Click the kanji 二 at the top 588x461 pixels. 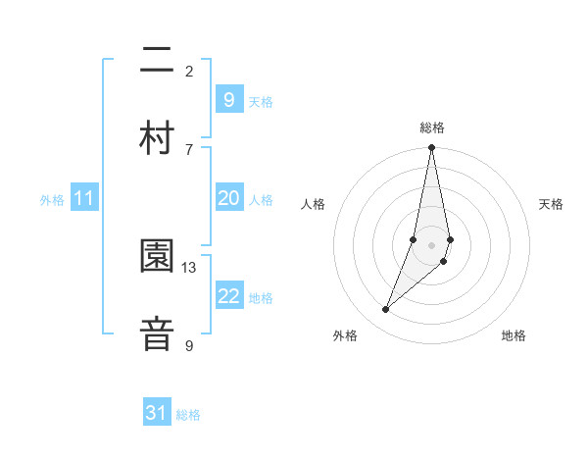(x=156, y=62)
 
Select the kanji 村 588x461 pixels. (x=156, y=135)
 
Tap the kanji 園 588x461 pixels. (x=156, y=257)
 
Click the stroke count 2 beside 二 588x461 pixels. (x=189, y=71)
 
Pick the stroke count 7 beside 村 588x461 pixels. (x=189, y=149)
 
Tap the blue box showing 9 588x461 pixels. (x=228, y=100)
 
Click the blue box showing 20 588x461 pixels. (x=228, y=199)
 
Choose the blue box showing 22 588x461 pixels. (x=228, y=296)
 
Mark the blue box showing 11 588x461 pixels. (x=83, y=199)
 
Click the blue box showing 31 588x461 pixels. (x=157, y=414)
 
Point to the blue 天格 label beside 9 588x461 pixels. (x=261, y=102)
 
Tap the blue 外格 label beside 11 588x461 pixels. (x=52, y=200)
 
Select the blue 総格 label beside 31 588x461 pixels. (x=188, y=415)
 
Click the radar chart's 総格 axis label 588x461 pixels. (x=432, y=128)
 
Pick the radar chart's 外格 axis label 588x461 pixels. (x=345, y=335)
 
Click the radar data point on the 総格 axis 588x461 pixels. (x=431, y=148)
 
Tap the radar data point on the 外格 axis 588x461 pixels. (x=385, y=310)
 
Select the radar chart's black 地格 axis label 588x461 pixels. (x=514, y=335)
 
